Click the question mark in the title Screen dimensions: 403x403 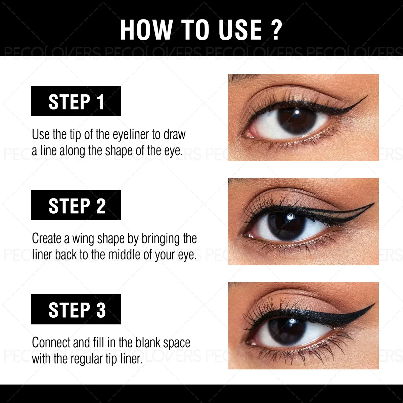[x=276, y=30]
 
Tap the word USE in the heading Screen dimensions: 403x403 [x=240, y=30]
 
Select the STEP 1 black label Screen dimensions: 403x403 [x=76, y=101]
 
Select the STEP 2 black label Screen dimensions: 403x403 [x=76, y=205]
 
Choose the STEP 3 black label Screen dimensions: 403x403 [x=76, y=309]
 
